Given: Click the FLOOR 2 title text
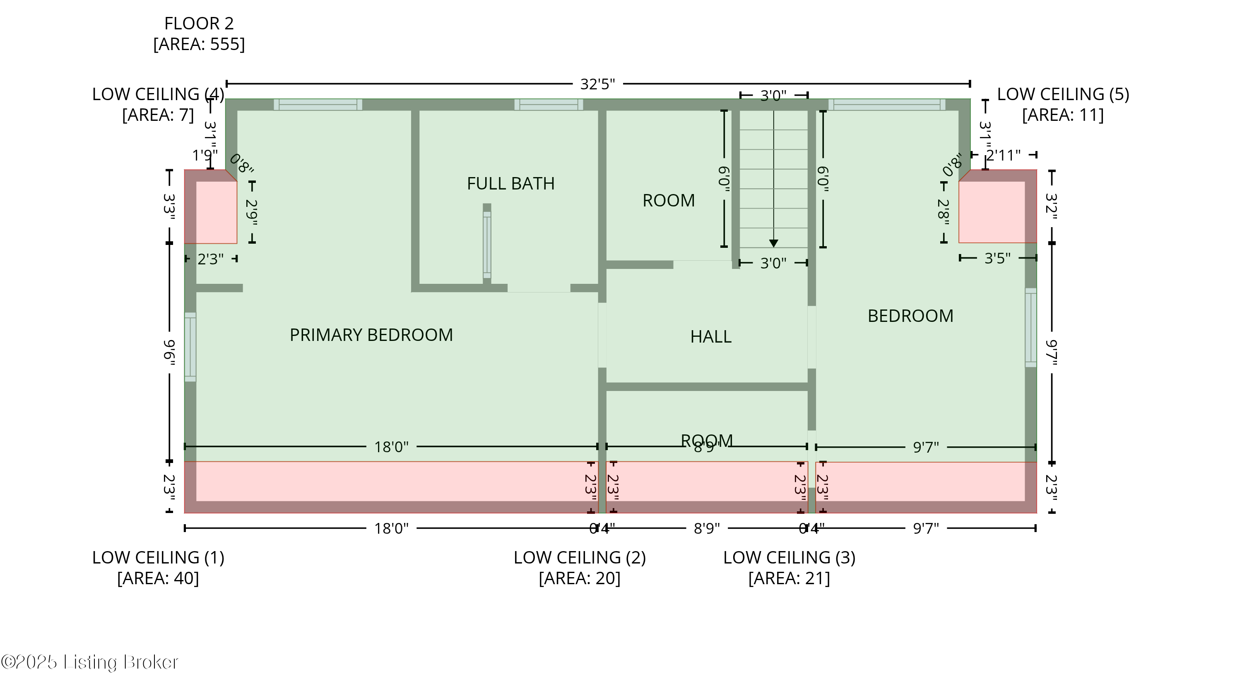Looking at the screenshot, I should point(199,24).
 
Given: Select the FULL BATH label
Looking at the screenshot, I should point(510,184).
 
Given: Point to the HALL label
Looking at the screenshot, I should point(711,337).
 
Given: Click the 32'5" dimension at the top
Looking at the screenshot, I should point(597,84).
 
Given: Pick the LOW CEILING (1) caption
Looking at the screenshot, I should point(158,558).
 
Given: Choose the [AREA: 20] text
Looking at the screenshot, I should point(580,578).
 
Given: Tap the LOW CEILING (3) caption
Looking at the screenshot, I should point(789,558).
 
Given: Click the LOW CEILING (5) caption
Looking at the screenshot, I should point(1063,94).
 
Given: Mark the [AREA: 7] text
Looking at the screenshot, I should point(158,115).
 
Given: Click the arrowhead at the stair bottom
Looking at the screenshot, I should point(773,243).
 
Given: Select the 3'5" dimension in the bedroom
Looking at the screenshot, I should point(997,258).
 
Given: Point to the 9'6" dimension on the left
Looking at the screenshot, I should point(169,352).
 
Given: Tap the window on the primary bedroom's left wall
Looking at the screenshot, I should point(190,347).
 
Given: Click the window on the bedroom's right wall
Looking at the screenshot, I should point(1030,328).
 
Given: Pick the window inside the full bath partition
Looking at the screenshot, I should point(487,245).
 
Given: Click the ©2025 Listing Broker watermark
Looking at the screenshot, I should point(90,662).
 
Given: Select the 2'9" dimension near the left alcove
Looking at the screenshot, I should point(252,213).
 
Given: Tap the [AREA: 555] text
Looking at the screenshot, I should point(199,44).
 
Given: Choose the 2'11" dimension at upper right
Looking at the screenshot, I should point(1003,156).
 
